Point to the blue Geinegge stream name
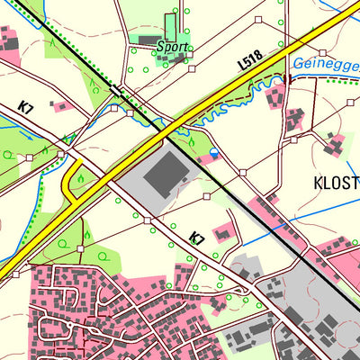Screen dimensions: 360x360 (x=325, y=64)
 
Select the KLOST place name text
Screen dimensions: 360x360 (x=336, y=183)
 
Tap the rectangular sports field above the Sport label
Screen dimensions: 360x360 (x=171, y=25)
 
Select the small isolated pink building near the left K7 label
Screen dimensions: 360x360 (x=60, y=106)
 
